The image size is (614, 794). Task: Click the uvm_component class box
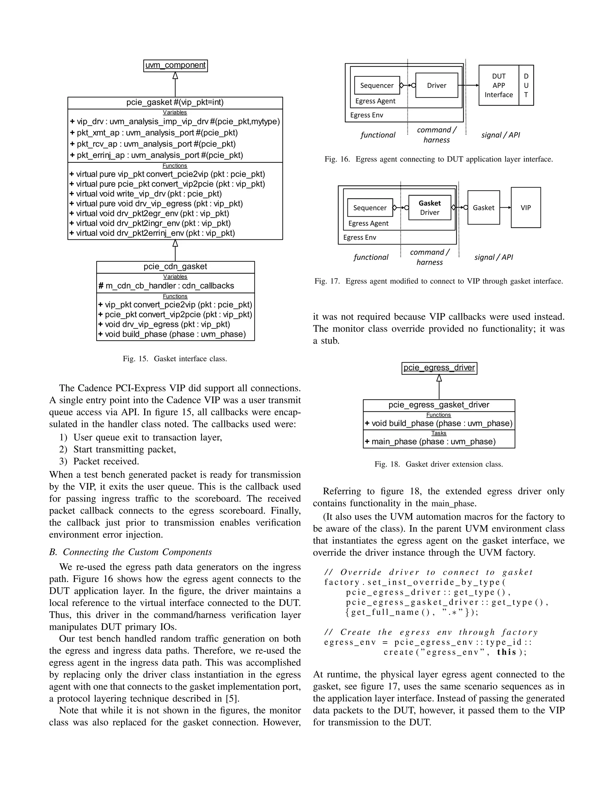175,65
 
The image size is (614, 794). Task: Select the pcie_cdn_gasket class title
175,266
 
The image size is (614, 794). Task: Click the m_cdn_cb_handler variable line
166,286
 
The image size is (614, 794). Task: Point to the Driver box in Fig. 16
437,85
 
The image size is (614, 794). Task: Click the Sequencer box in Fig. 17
370,208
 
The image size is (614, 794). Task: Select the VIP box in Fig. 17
526,208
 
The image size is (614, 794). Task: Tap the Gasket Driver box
430,208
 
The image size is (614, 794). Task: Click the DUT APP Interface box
499,85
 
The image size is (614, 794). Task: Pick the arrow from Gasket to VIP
505,208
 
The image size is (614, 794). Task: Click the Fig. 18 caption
439,464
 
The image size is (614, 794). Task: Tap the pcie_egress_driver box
439,368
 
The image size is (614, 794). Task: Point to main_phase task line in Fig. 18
430,442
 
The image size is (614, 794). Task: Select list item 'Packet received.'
106,461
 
